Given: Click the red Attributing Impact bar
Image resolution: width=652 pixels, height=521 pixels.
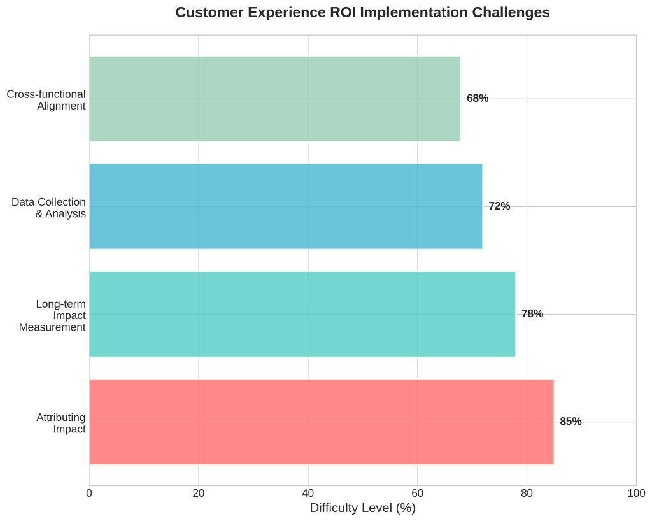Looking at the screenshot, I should coord(321,422).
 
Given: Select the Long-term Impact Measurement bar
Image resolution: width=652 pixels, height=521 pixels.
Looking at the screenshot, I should coord(302,314).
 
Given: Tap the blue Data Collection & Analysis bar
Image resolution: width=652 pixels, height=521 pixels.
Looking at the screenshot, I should coord(285,206).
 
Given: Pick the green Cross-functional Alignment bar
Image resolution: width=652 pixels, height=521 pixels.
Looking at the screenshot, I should coord(274,99).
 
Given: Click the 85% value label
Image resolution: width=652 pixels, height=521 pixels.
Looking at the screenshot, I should coord(570,422).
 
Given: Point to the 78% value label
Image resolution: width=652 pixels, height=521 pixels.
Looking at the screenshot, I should coord(532,314).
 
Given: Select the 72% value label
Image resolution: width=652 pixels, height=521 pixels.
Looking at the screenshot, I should coord(499,206).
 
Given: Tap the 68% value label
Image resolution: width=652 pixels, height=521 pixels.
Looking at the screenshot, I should coord(478,99).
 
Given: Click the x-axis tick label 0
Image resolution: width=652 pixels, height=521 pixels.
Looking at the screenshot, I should coord(89,493).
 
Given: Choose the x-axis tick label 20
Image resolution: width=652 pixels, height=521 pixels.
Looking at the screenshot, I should coord(199,493).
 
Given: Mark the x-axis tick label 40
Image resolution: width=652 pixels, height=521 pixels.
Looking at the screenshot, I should coord(308,493).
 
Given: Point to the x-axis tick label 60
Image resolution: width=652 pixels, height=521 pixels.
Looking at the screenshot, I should coord(418,493).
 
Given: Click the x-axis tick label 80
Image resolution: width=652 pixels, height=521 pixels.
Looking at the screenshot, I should coord(527,493).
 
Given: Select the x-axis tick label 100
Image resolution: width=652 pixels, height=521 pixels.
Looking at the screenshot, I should coord(636,493).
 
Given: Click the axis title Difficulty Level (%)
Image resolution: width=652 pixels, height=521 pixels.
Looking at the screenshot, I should coord(362,508).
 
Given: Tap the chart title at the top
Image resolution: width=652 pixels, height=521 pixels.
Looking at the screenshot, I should coord(362,13).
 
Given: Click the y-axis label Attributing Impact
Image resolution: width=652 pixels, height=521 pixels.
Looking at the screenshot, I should coord(61,423).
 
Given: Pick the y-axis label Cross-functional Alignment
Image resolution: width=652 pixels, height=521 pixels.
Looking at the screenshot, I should coord(46,100).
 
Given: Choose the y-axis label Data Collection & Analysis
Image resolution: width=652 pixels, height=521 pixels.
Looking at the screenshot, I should coord(49,208).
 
